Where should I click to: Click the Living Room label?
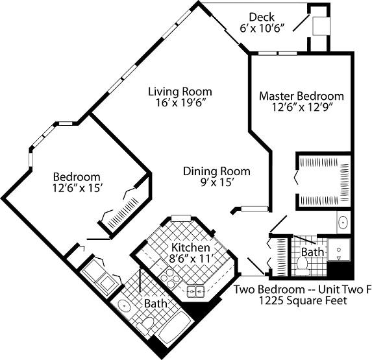point(179,91)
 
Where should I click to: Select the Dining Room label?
point(216,171)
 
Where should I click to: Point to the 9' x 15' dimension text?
point(216,182)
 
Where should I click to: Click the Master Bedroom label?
point(301,96)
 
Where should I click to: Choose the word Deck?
point(262,17)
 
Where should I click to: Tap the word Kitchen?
point(190,248)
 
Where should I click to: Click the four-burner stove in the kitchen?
point(171,280)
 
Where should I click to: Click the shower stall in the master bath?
point(338,250)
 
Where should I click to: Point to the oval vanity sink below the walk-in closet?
point(343,222)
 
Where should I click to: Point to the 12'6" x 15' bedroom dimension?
point(77,188)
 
